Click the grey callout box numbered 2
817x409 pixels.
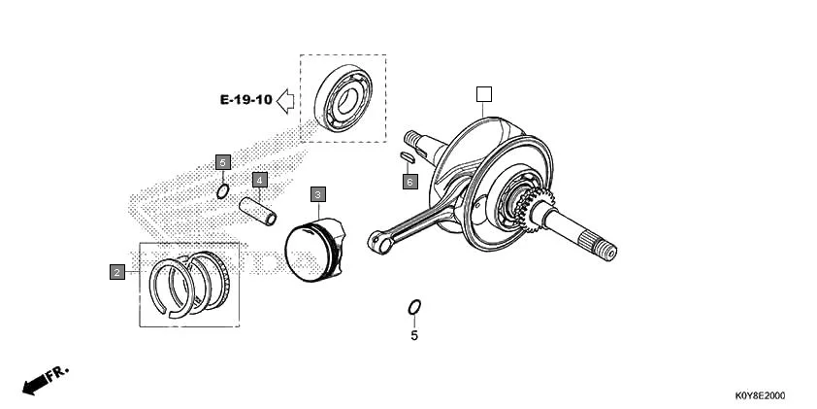pyautogui.click(x=116, y=272)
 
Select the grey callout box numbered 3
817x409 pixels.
pyautogui.click(x=317, y=195)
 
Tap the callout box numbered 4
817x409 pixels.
pyautogui.click(x=259, y=180)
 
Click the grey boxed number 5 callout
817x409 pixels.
pyautogui.click(x=222, y=161)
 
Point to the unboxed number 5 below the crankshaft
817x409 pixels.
pyautogui.click(x=414, y=336)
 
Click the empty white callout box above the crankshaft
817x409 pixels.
pyautogui.click(x=484, y=94)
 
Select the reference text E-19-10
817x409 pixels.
pyautogui.click(x=245, y=100)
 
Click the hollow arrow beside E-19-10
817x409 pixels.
pyautogui.click(x=286, y=99)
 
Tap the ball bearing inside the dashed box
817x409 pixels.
pyautogui.click(x=343, y=98)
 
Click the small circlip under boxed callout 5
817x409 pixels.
pyautogui.click(x=222, y=191)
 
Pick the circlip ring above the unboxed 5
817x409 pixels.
pyautogui.click(x=414, y=308)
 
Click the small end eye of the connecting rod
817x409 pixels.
pyautogui.click(x=379, y=242)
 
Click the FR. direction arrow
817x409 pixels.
pyautogui.click(x=44, y=379)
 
